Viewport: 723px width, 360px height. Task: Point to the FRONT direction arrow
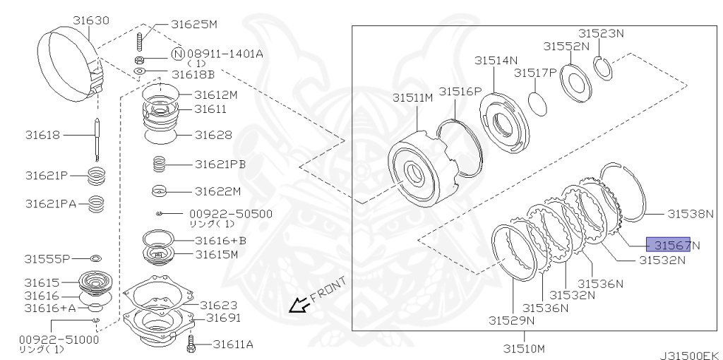pos(299,304)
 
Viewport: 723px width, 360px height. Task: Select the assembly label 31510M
pos(524,348)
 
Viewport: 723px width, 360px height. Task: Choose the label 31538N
pos(691,213)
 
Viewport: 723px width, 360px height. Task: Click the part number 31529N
pos(511,320)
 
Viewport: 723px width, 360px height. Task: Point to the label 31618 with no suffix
pos(44,135)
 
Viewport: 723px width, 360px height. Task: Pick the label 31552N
pos(566,46)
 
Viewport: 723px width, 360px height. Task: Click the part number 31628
pos(214,134)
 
